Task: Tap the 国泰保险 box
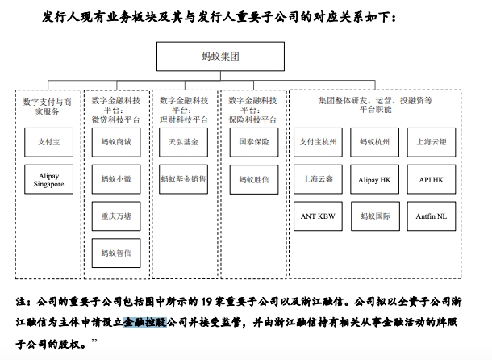click(252, 141)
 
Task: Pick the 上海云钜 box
click(431, 141)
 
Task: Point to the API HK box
click(431, 178)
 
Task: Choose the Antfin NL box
click(431, 216)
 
